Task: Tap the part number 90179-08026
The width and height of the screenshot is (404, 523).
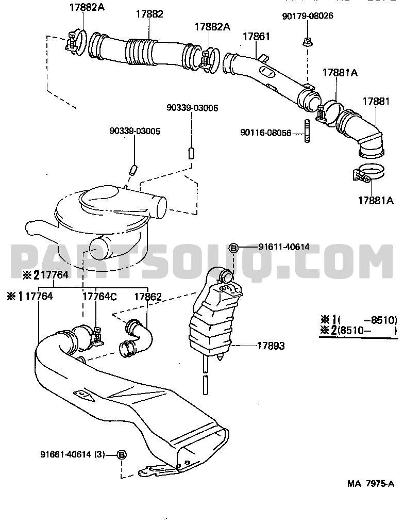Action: tap(307, 16)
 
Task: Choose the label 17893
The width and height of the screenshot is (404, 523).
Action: tap(271, 346)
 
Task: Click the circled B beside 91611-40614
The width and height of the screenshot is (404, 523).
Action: tap(233, 248)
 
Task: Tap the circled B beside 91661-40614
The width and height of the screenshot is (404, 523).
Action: tap(122, 454)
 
